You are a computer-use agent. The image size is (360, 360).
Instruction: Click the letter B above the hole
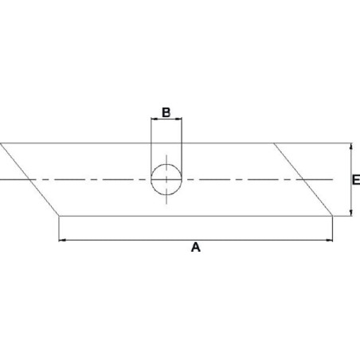coord(166,112)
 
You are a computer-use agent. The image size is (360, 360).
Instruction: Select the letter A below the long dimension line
coord(196,247)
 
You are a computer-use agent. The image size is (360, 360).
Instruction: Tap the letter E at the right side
coord(356,180)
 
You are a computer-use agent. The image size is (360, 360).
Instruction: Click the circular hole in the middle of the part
coord(166,180)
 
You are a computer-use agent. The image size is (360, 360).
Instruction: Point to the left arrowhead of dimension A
coord(62,241)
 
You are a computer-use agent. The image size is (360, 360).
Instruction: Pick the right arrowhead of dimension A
coord(329,241)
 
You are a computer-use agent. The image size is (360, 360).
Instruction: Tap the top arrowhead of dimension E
coord(351,147)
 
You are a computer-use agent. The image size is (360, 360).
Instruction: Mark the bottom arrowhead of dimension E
coord(351,213)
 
